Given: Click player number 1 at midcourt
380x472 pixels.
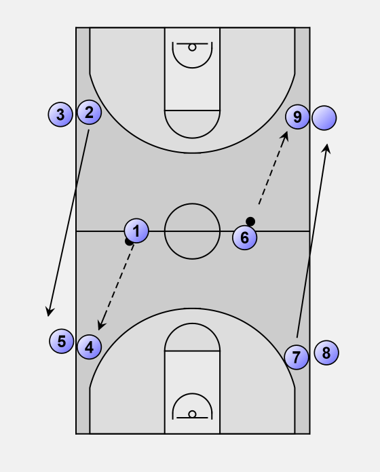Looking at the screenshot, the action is (136, 231).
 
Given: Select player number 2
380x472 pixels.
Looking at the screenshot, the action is (89, 113).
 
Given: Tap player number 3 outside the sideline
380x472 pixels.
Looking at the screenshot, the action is (60, 115).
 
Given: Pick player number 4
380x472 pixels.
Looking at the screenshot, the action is (89, 347).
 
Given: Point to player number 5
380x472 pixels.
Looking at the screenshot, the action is (62, 341).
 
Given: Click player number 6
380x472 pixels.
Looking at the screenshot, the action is (245, 237).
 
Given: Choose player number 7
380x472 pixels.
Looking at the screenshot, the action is (297, 357).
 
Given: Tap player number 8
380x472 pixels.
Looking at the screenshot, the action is (326, 353).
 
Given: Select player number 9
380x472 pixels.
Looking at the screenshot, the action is (297, 117).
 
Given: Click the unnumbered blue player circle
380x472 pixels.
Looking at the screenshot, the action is (324, 118).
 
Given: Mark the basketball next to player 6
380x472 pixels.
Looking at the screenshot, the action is (250, 222).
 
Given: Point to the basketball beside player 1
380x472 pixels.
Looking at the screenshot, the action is (128, 241).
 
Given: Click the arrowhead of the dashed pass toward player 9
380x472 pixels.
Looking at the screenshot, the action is (285, 136).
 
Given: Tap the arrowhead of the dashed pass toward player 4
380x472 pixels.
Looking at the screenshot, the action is (100, 326).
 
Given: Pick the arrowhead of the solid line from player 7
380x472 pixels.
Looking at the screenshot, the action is (327, 149).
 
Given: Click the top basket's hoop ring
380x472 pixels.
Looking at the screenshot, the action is (192, 47).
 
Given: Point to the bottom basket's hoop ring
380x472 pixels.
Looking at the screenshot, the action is (192, 414).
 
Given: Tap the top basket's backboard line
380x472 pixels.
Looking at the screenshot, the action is (192, 43).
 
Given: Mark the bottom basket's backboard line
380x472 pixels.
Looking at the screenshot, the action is (192, 418).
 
